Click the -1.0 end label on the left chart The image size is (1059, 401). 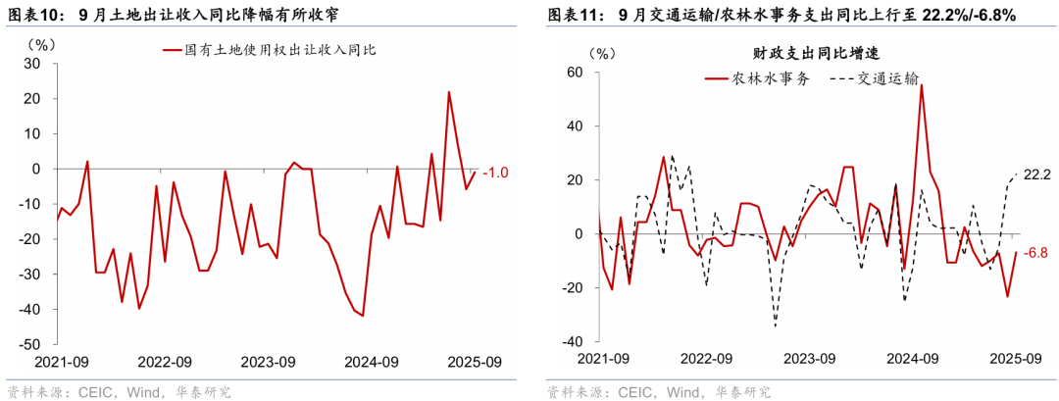tap(496, 173)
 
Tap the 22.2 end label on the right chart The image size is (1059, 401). tap(1036, 175)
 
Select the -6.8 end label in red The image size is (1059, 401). tap(1035, 253)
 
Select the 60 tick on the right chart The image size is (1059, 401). tap(576, 73)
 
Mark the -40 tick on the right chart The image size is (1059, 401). tap(572, 341)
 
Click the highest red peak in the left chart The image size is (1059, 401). tap(449, 92)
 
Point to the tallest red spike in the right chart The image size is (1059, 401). tap(922, 85)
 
